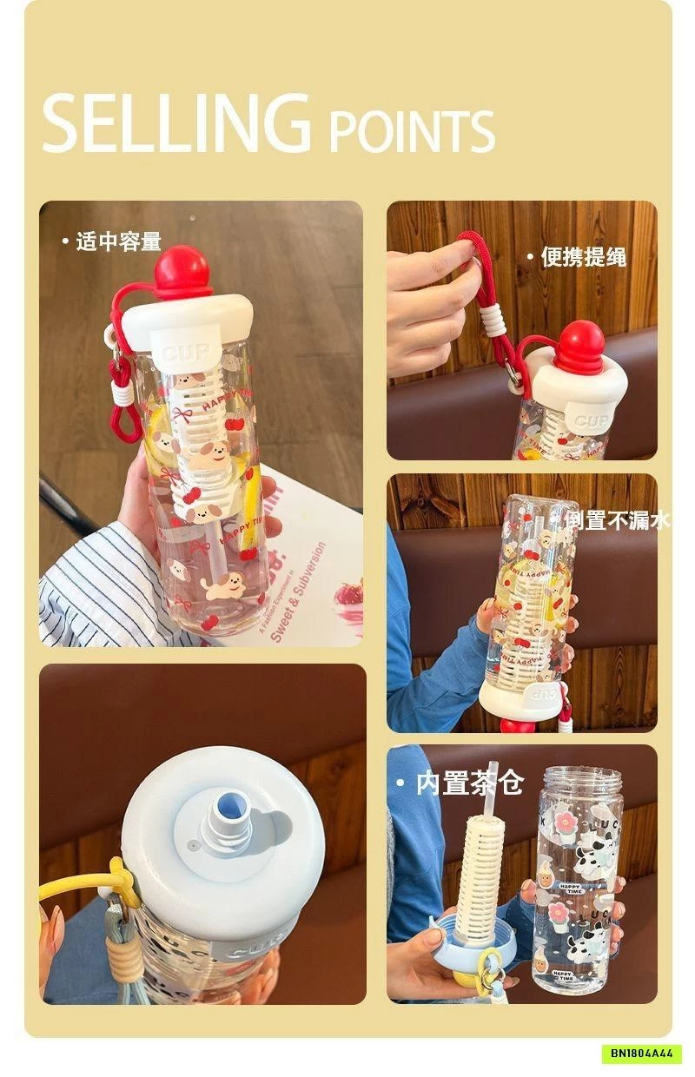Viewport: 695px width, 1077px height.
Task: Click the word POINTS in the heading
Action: click(412, 132)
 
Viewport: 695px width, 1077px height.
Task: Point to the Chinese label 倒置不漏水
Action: click(619, 519)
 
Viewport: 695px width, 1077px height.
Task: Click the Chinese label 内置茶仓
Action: click(469, 783)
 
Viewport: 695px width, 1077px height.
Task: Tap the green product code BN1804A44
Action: click(641, 1054)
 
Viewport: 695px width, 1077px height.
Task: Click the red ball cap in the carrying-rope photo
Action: click(579, 347)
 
